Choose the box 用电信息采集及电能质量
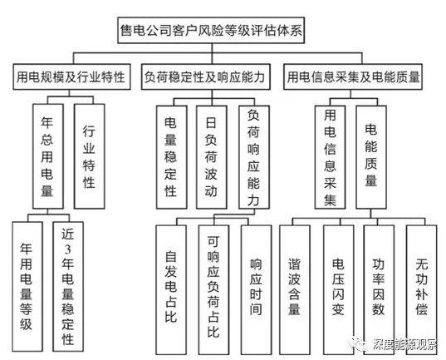[x=352, y=77]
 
